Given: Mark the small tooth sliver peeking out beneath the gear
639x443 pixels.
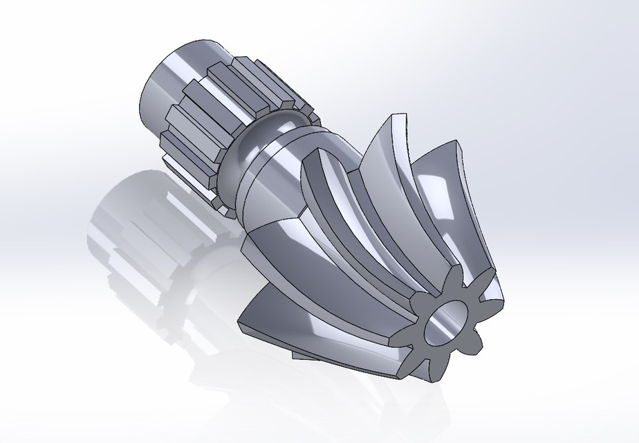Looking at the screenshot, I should click(304, 356).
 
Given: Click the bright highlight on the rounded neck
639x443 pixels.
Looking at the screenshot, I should click(273, 125).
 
